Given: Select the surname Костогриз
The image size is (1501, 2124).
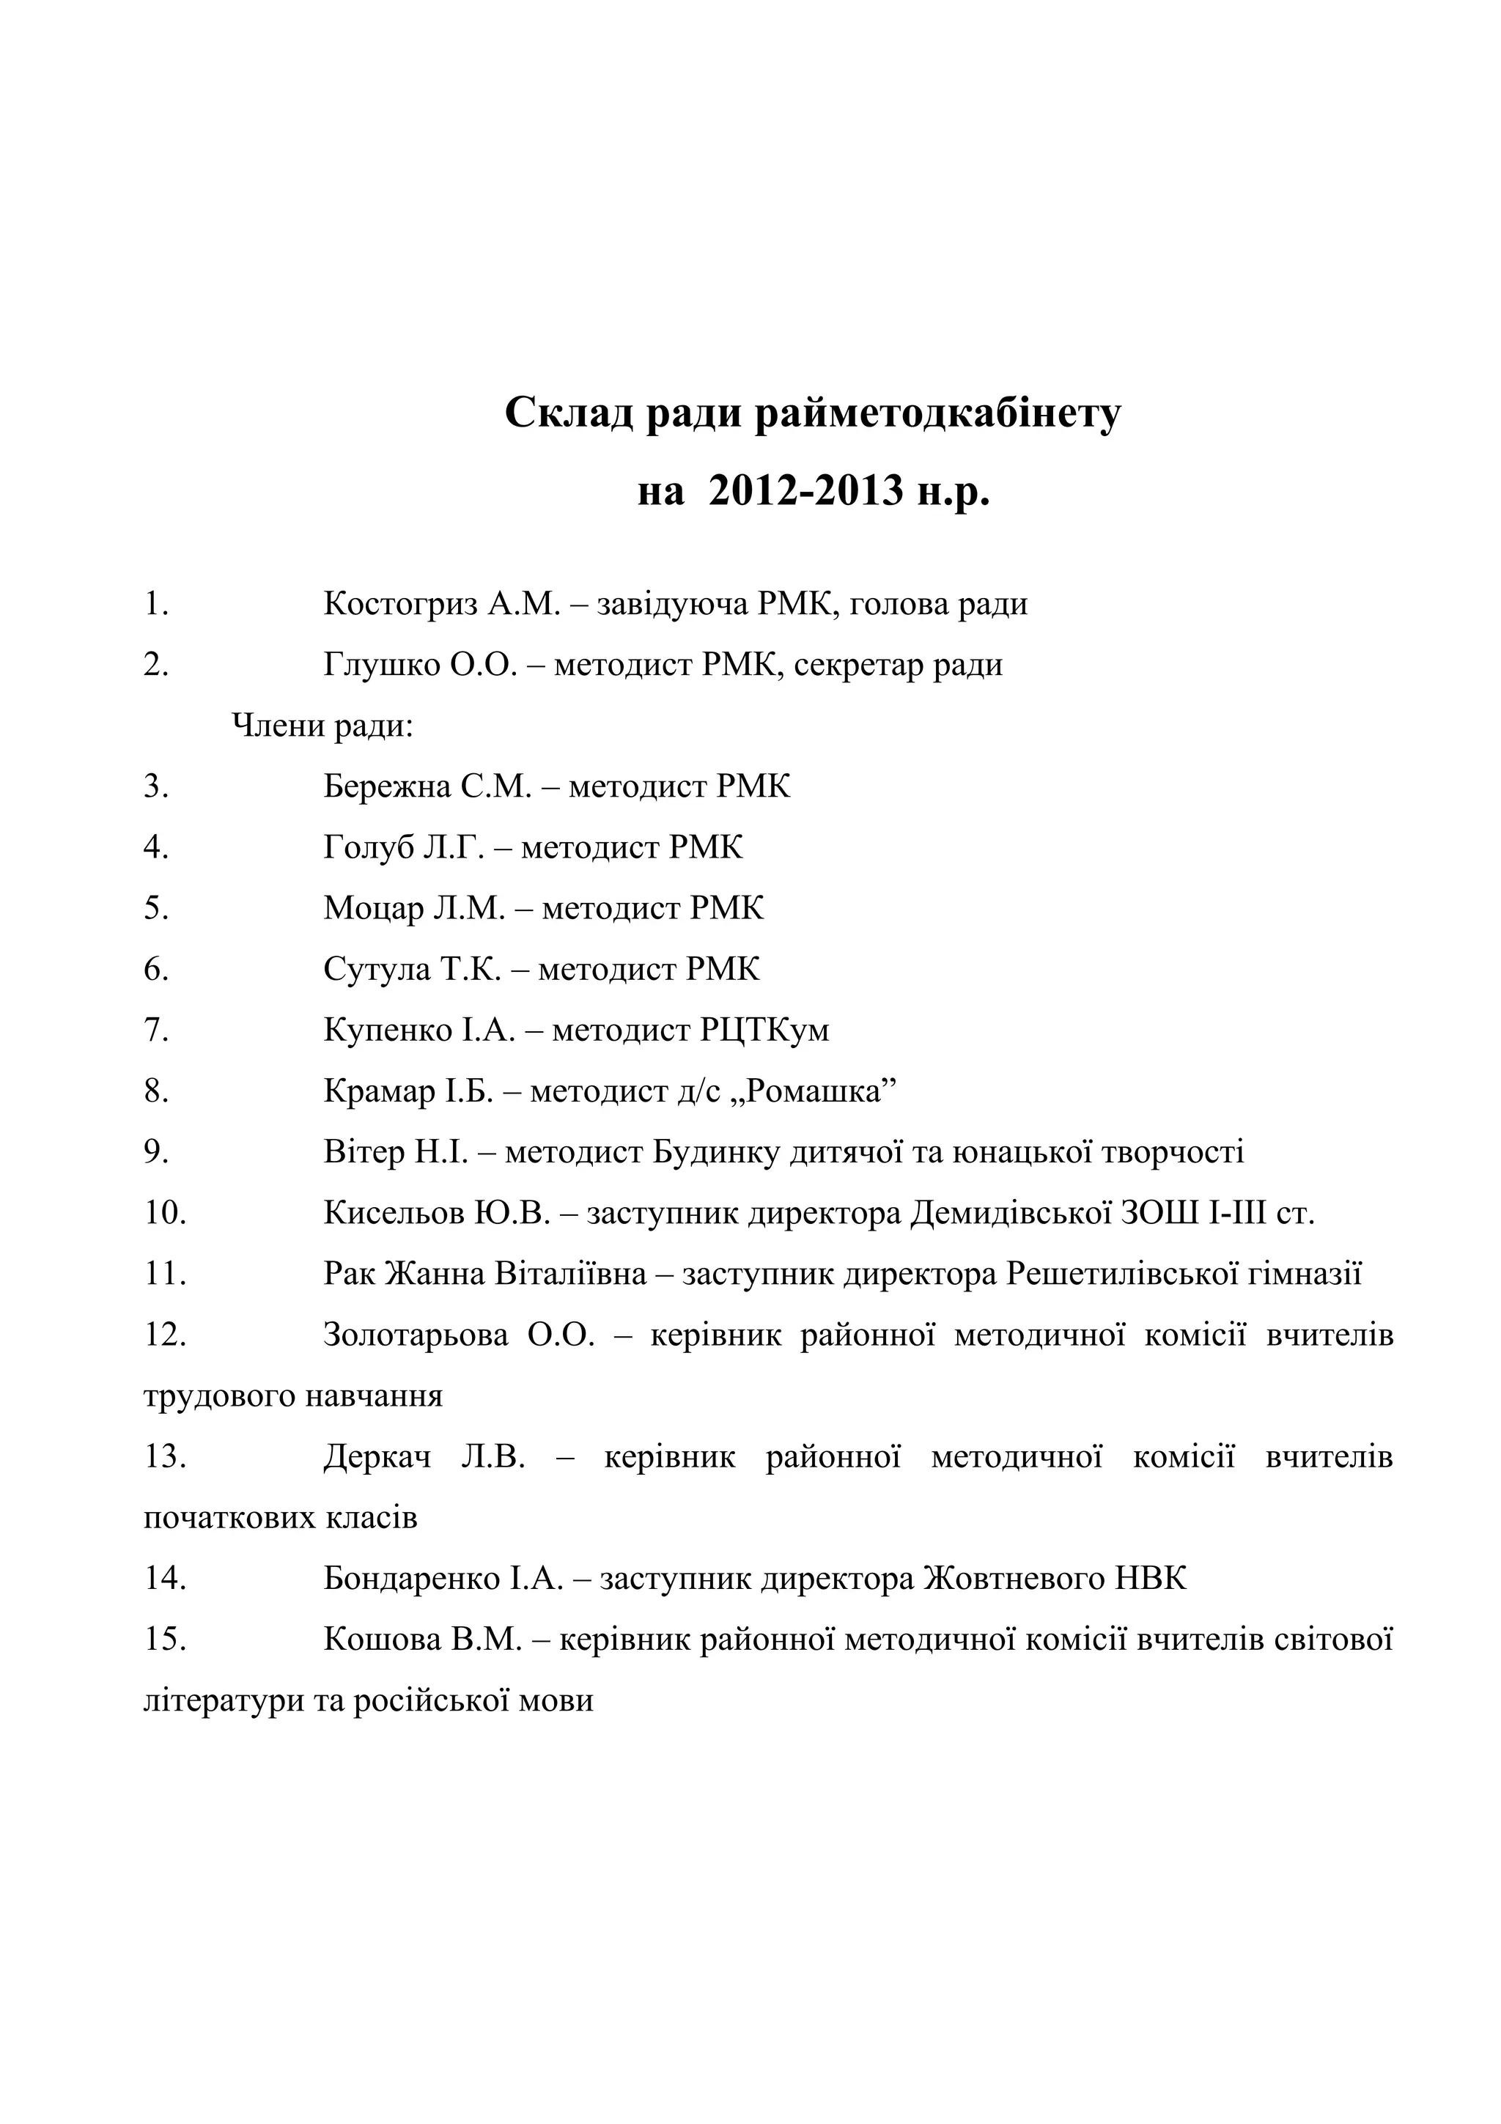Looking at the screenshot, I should [x=400, y=604].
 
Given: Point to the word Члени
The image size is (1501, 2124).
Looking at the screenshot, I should [x=276, y=726].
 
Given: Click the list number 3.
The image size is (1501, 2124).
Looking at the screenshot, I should [x=155, y=787].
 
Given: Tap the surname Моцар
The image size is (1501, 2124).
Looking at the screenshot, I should [x=373, y=908].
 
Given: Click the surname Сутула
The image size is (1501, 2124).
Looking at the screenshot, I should [x=377, y=970].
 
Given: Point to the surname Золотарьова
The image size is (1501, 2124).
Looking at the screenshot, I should [x=416, y=1335].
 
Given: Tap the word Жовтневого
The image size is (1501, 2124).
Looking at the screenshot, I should [x=1014, y=1578].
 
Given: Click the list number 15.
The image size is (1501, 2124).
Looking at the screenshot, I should [x=165, y=1640].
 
